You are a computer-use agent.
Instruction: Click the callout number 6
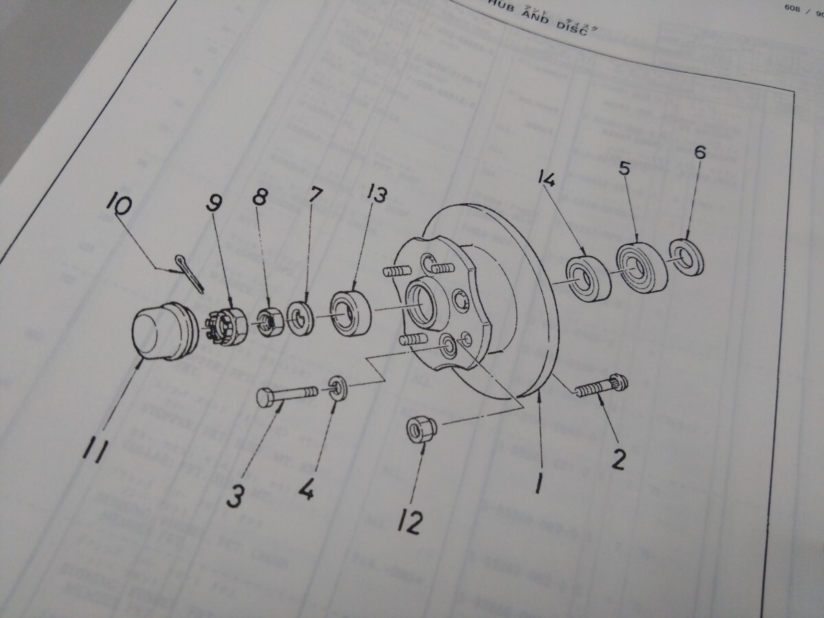[699, 152]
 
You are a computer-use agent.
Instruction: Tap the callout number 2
[617, 459]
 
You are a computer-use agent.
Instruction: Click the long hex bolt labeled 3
[286, 396]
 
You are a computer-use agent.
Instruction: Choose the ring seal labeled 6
[686, 257]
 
